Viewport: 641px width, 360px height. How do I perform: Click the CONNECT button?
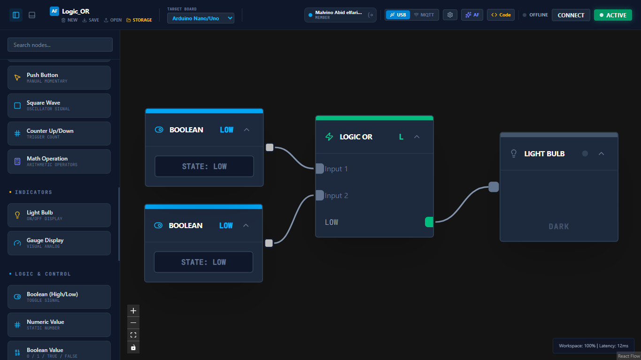[x=571, y=15]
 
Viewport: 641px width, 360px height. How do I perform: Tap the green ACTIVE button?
[x=613, y=15]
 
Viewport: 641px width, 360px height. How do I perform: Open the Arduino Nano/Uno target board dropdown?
[x=201, y=18]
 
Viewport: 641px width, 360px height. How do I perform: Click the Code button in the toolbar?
[x=501, y=15]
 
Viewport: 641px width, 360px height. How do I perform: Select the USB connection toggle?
[x=398, y=15]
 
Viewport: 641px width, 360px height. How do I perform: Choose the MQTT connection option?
[x=424, y=15]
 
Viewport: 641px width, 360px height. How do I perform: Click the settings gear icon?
[x=450, y=15]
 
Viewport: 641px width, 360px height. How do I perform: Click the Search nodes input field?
[x=60, y=45]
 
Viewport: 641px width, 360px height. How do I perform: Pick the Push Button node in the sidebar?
[x=59, y=78]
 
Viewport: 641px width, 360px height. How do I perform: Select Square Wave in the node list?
[x=59, y=106]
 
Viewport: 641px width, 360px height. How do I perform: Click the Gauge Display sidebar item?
[x=59, y=243]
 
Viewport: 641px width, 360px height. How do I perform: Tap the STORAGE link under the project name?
[x=139, y=20]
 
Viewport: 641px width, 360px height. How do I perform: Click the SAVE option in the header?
[x=91, y=20]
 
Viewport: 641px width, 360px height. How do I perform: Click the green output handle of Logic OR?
[x=429, y=222]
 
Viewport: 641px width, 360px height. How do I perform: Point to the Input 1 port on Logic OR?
[x=320, y=169]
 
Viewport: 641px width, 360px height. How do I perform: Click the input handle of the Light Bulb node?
[x=494, y=187]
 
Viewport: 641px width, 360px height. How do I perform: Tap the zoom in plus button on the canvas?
[x=133, y=311]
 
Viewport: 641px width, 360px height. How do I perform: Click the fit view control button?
[x=133, y=335]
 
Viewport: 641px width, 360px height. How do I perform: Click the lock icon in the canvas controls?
[x=133, y=347]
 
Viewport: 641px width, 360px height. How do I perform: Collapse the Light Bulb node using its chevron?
[x=601, y=153]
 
